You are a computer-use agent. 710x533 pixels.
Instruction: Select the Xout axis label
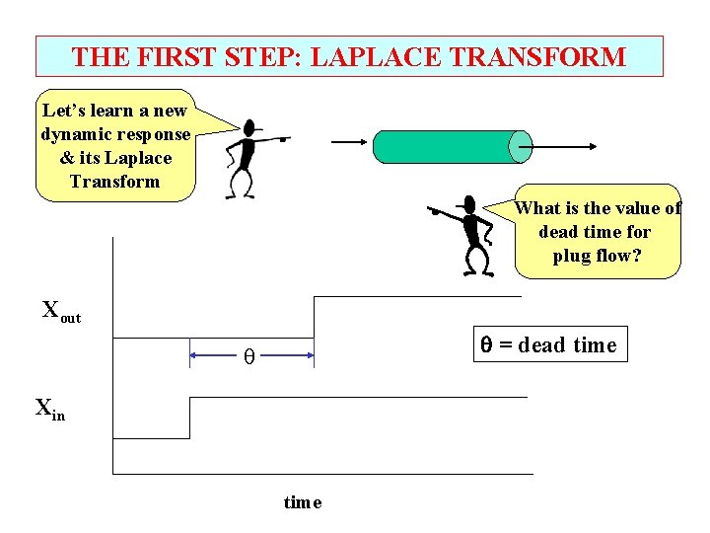pyautogui.click(x=60, y=310)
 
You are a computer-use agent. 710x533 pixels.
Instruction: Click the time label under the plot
pyautogui.click(x=302, y=502)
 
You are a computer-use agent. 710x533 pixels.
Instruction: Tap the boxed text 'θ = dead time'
pyautogui.click(x=547, y=344)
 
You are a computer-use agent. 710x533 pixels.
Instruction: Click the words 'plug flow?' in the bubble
pyautogui.click(x=597, y=256)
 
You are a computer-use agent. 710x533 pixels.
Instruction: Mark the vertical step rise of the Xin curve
pyautogui.click(x=188, y=418)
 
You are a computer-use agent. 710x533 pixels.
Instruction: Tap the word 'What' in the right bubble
pyautogui.click(x=537, y=208)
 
